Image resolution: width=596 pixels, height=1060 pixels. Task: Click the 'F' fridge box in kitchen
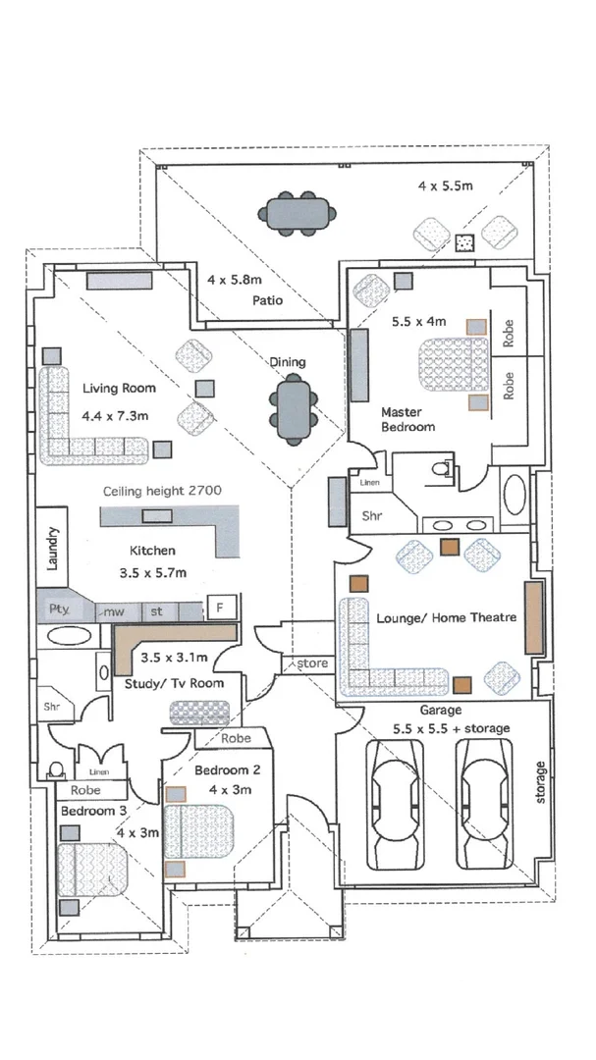click(220, 608)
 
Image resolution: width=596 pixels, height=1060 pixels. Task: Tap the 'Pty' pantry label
click(58, 609)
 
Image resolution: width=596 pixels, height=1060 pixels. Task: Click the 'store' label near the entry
click(312, 664)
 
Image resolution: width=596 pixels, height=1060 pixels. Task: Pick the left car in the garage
click(396, 804)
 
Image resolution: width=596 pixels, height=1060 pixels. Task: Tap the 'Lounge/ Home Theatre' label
click(438, 619)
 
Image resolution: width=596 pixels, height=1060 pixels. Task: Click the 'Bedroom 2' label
click(227, 769)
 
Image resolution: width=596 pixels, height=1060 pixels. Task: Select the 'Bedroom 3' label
click(93, 811)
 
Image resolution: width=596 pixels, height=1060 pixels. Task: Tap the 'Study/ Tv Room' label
click(175, 682)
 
